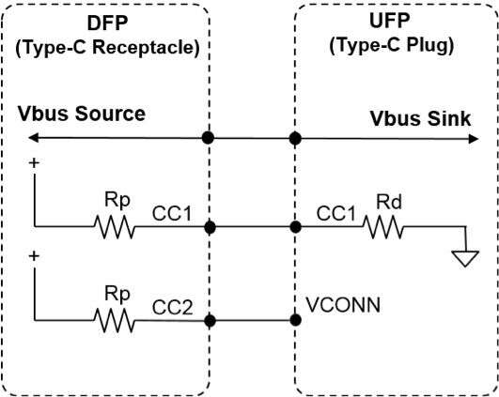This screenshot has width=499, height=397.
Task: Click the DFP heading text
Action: coord(107,23)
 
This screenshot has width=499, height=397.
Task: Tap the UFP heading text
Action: coord(390,21)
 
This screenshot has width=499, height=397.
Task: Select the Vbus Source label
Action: coord(82,114)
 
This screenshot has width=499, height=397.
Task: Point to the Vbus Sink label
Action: coord(420,118)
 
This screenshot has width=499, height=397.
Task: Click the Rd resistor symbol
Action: coord(382,227)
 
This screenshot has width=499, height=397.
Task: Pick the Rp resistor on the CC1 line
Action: coord(115,227)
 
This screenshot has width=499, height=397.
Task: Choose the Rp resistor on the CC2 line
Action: coord(115,321)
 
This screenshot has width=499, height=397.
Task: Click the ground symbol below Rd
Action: coord(465,258)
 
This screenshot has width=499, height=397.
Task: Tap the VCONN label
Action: coord(343,305)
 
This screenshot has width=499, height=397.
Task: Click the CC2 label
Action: coord(173,307)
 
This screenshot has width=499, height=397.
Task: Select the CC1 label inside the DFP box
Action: coord(172,213)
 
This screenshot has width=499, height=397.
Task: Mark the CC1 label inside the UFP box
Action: coord(335,213)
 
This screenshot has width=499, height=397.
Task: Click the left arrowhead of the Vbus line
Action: coord(33,138)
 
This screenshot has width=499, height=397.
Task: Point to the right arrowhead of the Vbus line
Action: coord(474,139)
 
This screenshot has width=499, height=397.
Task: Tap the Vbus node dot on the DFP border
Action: coord(208,138)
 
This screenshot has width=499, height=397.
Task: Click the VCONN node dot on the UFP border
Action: coord(296,320)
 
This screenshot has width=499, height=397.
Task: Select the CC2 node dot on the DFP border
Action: coord(210,321)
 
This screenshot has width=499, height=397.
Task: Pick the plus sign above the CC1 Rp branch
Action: coord(34,163)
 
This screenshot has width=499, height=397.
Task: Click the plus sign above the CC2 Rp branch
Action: coord(34,256)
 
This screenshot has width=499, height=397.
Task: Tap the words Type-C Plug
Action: coord(392,46)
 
